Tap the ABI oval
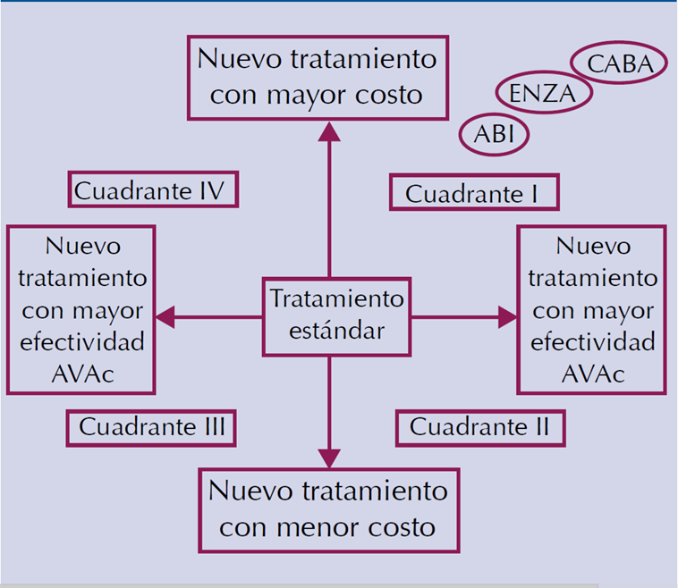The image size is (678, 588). pos(494,135)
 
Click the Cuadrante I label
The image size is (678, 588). pos(474,193)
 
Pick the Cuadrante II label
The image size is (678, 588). pos(480,427)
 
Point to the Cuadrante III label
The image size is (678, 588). pos(151,427)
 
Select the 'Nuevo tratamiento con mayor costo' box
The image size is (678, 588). pos(318,77)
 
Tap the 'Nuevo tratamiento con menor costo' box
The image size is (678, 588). pos(328,509)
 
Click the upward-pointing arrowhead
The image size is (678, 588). pos(329,130)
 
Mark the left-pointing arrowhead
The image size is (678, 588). pos(165,315)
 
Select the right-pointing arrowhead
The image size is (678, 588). pos(507,315)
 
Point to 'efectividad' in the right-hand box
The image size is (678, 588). pos(592,341)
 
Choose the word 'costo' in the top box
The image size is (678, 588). pos(387,94)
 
